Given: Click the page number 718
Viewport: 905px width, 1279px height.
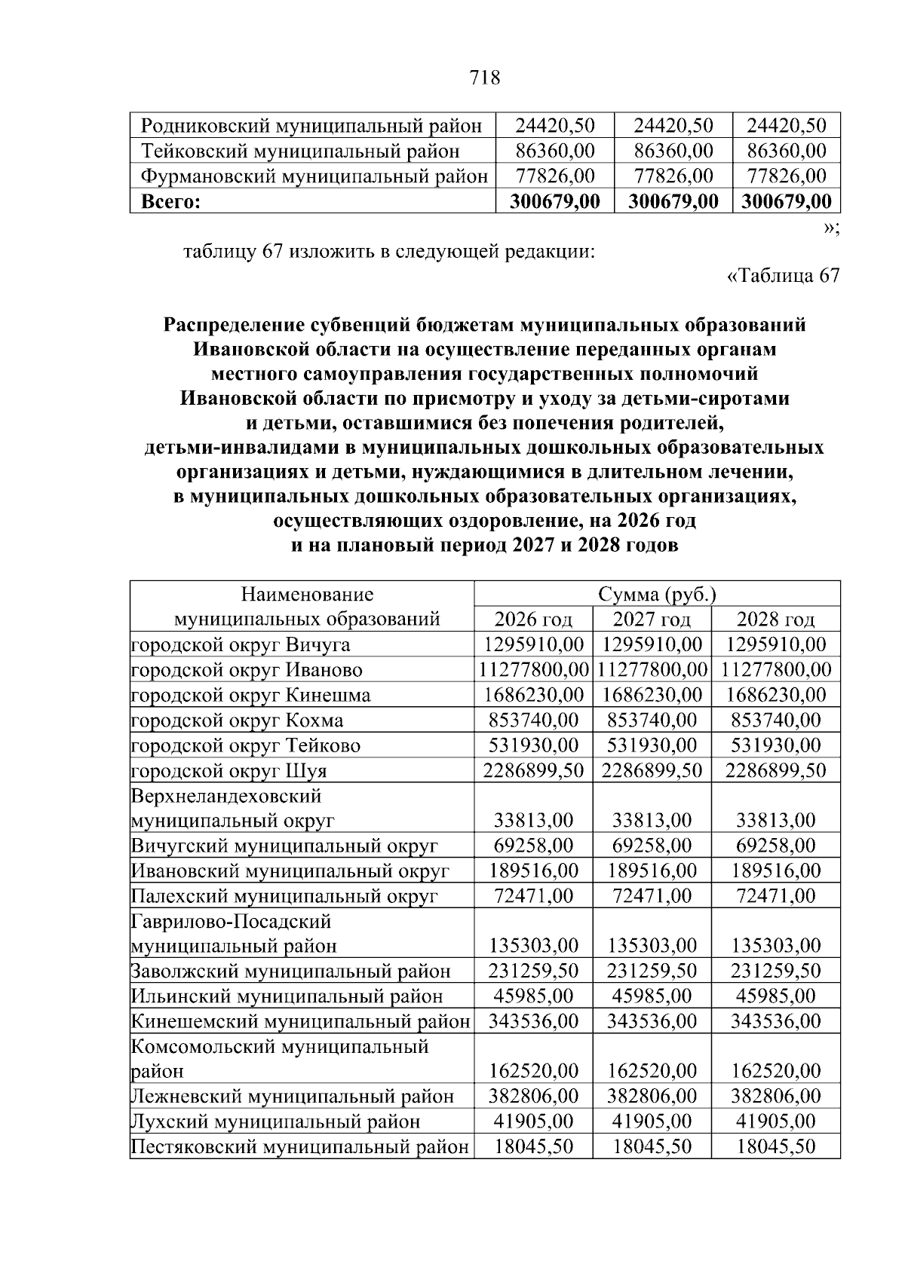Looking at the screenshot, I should point(485,77).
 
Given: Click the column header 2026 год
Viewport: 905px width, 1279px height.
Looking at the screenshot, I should point(533,620).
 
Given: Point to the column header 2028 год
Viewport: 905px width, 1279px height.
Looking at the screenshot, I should point(775,620).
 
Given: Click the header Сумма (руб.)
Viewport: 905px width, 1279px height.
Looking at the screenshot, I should point(656,595).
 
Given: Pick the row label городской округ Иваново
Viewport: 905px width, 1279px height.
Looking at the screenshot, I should point(247,670).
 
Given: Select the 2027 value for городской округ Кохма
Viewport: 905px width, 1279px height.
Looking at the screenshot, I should point(652,720).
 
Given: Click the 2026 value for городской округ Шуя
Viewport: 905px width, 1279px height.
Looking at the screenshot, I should point(533,770).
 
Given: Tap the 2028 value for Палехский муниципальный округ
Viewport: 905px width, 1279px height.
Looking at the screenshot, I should point(775,896).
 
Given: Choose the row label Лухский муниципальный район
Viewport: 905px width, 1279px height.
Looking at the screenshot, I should point(276,1121).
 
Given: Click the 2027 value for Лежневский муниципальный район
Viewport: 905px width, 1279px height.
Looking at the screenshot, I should point(652,1096).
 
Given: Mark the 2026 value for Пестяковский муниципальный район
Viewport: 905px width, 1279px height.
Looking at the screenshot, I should point(533,1146).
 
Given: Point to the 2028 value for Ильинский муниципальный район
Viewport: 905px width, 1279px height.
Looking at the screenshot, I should point(775,996).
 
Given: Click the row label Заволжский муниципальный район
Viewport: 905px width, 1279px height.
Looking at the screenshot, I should point(291,971).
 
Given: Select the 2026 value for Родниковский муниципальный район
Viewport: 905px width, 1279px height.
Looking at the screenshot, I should point(555,125).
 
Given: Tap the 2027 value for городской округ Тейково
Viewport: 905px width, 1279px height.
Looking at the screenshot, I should point(652,745).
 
